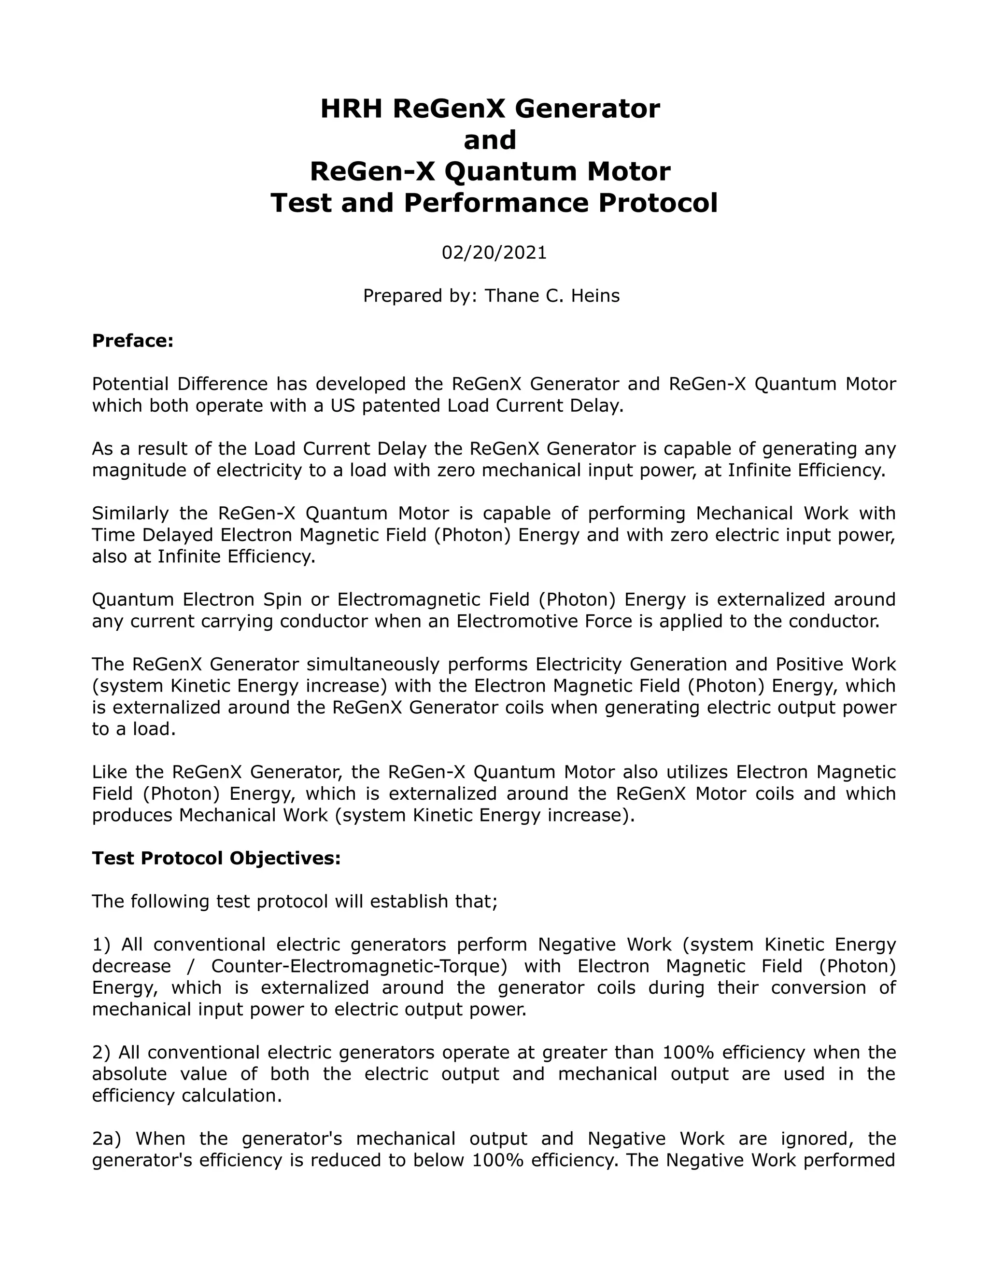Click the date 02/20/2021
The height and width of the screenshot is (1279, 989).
(494, 252)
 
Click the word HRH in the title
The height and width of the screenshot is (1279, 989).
(351, 109)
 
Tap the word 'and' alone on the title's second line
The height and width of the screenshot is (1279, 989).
(490, 140)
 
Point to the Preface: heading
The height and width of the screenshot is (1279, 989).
(133, 341)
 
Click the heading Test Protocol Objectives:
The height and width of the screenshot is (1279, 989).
(216, 858)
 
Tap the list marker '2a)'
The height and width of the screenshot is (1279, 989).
(106, 1139)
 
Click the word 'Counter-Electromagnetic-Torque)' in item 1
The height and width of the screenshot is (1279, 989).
(359, 966)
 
